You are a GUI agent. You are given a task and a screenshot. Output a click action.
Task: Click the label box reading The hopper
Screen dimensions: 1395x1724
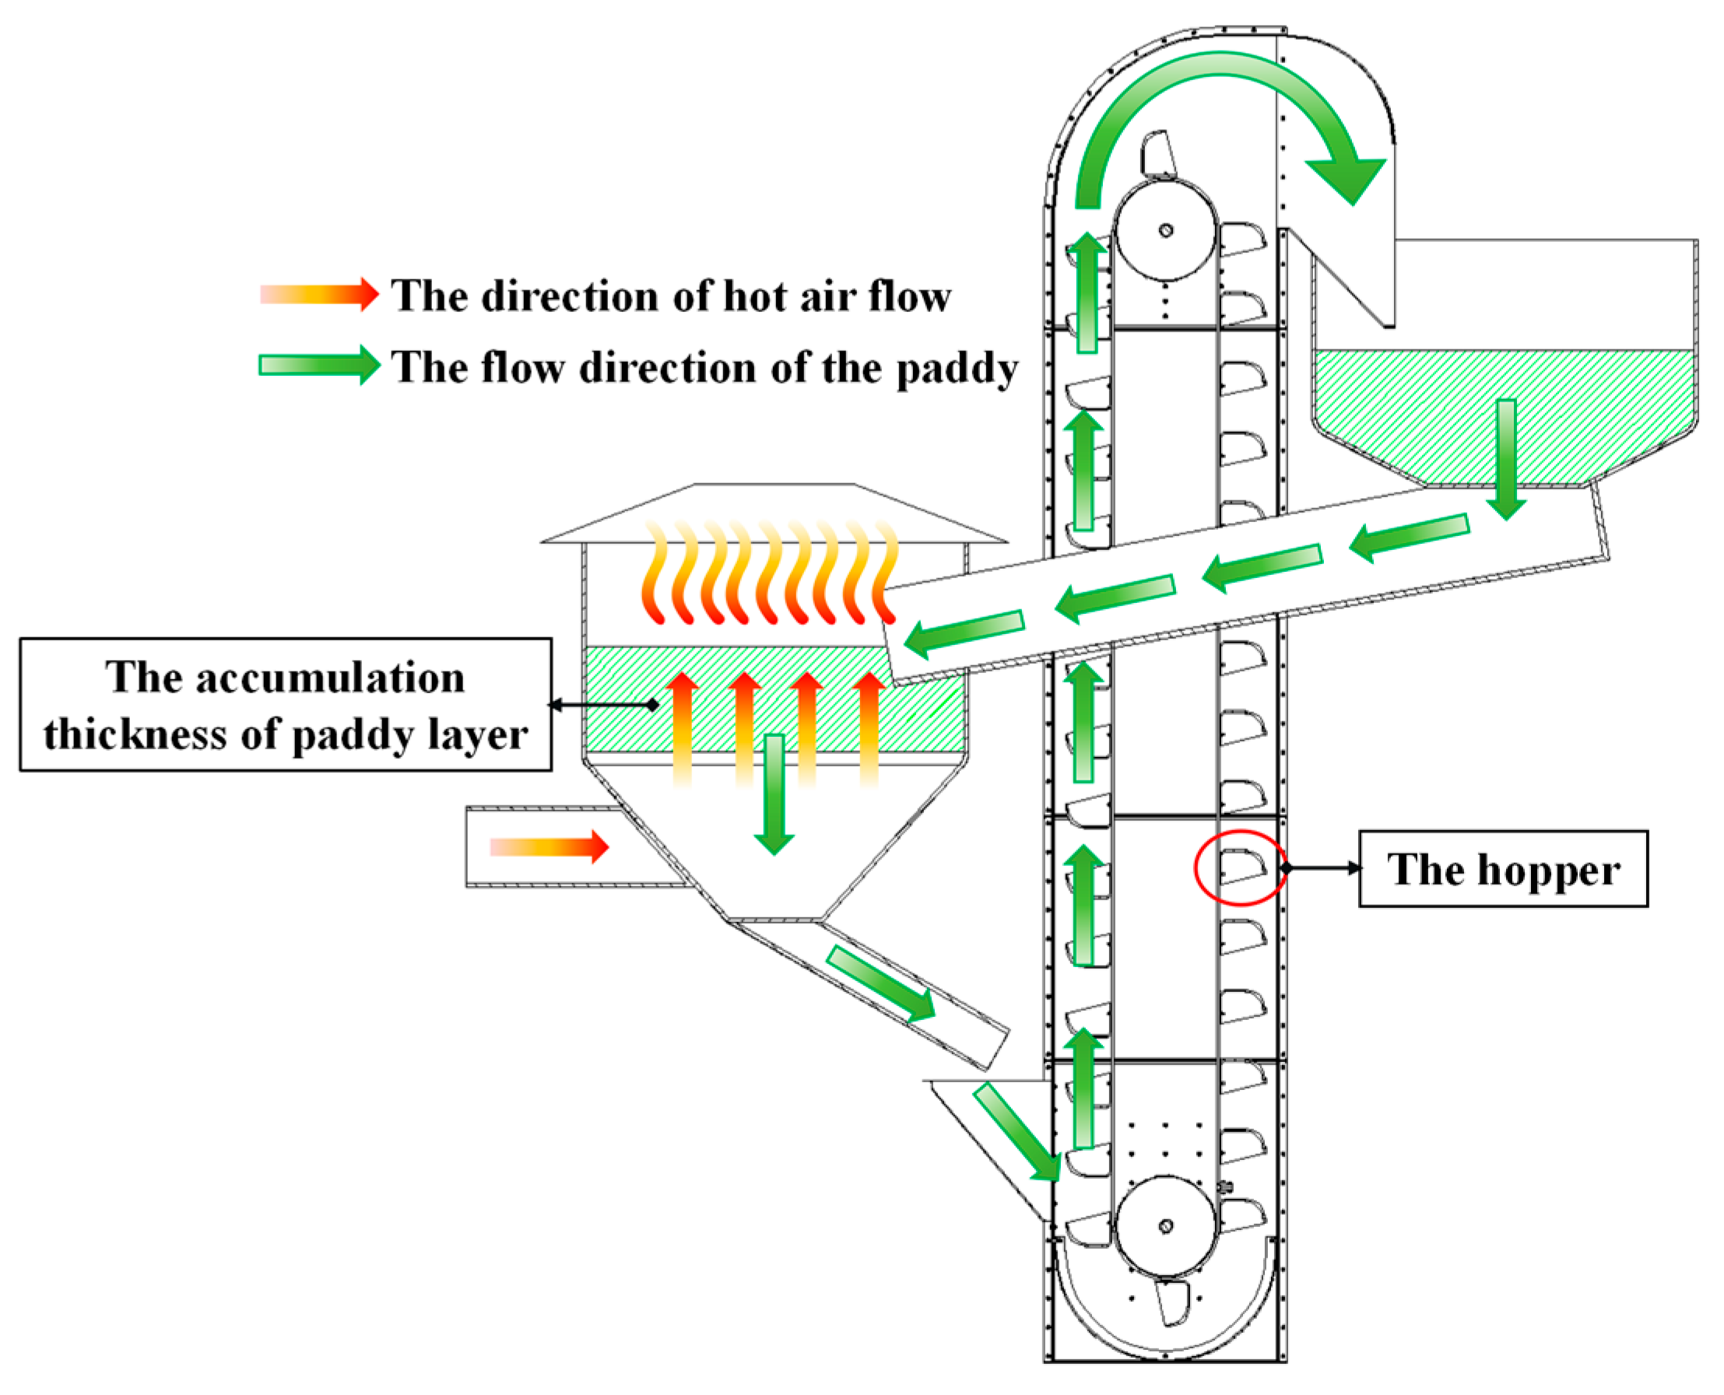point(1502,870)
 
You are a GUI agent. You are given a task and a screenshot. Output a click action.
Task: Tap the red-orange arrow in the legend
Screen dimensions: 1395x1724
point(319,294)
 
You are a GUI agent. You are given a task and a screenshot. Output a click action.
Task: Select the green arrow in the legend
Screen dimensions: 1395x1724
point(319,365)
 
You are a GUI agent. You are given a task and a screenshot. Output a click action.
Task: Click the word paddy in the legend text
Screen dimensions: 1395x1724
point(957,370)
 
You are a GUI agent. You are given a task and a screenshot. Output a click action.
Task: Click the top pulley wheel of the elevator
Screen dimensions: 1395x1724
point(1164,231)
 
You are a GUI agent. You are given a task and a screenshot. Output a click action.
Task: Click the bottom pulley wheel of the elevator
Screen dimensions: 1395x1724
point(1164,1226)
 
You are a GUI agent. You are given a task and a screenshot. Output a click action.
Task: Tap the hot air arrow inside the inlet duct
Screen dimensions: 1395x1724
point(549,847)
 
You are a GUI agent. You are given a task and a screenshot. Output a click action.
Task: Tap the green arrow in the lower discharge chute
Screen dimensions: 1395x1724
point(881,983)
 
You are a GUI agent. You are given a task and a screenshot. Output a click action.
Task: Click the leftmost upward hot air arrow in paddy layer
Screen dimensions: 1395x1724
point(683,727)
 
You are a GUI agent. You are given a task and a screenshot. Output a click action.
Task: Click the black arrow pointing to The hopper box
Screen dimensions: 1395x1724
point(1322,867)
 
